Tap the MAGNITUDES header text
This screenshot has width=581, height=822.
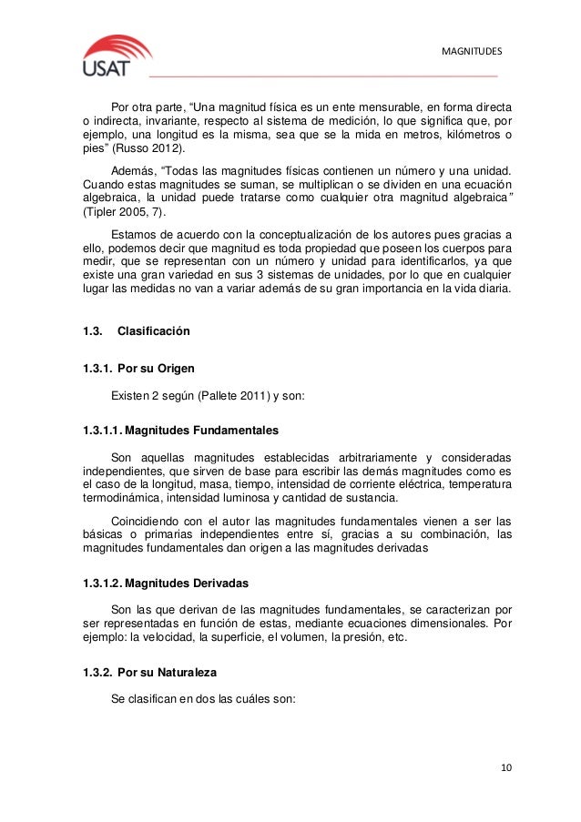pyautogui.click(x=472, y=49)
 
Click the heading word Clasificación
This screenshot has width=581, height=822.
pyautogui.click(x=154, y=331)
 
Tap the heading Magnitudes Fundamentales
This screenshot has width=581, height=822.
pyautogui.click(x=199, y=428)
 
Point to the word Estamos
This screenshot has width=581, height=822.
pyautogui.click(x=133, y=234)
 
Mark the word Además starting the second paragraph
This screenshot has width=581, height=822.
pyautogui.click(x=132, y=170)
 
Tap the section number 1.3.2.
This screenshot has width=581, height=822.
pyautogui.click(x=97, y=672)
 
